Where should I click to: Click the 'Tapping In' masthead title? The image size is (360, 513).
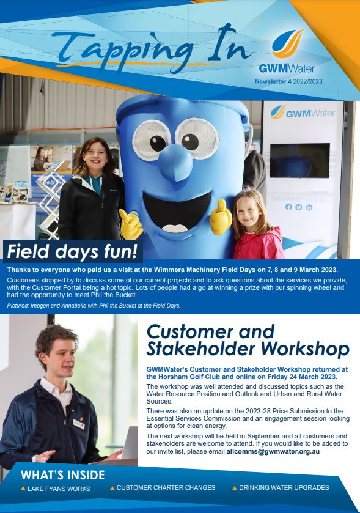point(152,49)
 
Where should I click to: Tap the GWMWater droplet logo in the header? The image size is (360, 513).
point(287,43)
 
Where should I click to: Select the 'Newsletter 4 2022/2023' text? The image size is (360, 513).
point(288,81)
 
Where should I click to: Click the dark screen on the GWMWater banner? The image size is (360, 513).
point(300,160)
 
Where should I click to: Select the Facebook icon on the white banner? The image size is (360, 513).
point(288,207)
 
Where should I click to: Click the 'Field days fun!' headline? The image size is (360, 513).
point(72,251)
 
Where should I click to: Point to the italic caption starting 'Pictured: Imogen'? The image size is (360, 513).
point(94,306)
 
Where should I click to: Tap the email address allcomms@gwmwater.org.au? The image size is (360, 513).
point(273,451)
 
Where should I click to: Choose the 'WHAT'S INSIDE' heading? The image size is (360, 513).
point(63,475)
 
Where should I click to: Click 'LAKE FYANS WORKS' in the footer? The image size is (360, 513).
point(59,489)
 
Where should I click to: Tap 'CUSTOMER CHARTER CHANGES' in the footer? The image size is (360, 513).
point(166,487)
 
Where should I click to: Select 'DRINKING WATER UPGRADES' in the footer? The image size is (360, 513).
point(284,487)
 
